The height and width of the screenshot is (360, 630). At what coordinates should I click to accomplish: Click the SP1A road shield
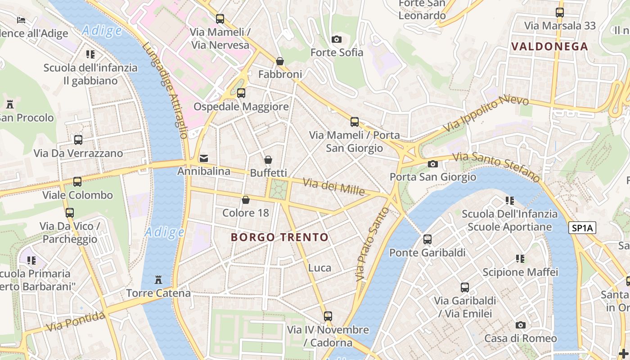tap(582, 228)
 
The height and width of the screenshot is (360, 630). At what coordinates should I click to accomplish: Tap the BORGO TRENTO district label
tap(279, 237)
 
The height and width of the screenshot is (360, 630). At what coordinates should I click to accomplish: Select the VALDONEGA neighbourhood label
tap(549, 46)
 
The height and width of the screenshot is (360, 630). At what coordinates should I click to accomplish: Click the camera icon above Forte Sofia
tap(336, 40)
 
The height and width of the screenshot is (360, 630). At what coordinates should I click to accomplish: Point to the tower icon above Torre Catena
tap(158, 280)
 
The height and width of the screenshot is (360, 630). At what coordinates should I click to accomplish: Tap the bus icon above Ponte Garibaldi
tap(427, 239)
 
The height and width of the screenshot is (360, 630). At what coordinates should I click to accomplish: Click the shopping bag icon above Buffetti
tap(268, 160)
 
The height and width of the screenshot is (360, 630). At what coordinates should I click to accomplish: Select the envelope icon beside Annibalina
tap(204, 158)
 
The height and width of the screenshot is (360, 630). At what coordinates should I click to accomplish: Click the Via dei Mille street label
tap(333, 186)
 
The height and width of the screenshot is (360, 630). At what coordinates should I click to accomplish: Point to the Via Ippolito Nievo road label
tap(480, 113)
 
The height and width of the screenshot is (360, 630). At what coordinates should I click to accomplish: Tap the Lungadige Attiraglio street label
tap(165, 90)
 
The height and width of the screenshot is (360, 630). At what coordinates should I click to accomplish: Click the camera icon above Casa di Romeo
tap(520, 325)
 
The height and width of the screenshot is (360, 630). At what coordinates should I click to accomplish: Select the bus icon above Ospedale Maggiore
tap(241, 93)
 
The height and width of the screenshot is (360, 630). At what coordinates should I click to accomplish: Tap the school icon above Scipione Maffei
tap(520, 259)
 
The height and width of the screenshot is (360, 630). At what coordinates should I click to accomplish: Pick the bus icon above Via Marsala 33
tap(559, 13)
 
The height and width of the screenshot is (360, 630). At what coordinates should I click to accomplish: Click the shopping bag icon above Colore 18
tap(246, 200)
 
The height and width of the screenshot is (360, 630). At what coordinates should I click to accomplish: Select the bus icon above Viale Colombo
tap(77, 182)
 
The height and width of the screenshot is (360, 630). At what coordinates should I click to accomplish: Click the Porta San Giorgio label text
tap(432, 177)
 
